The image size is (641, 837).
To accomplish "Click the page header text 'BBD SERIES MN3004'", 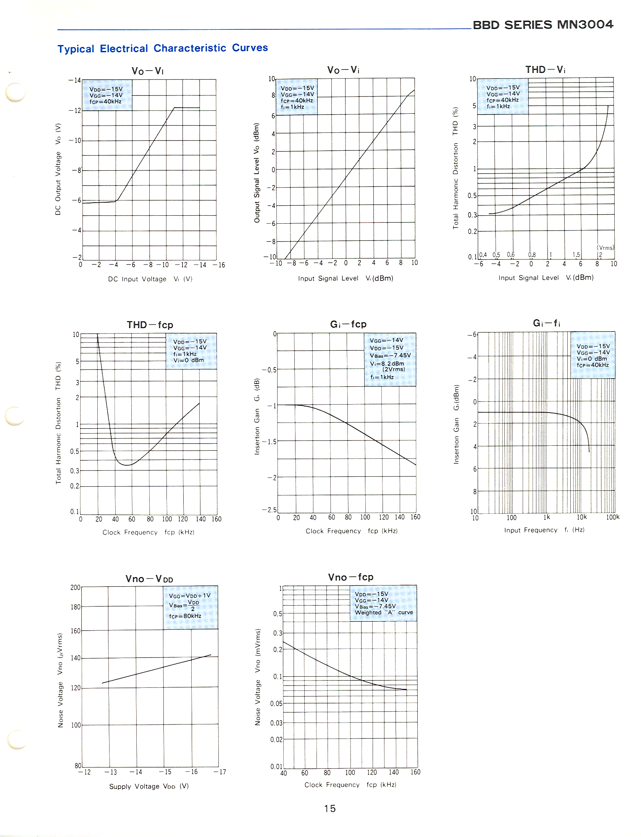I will tap(543, 25).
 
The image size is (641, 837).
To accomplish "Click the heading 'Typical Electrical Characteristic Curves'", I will tap(163, 48).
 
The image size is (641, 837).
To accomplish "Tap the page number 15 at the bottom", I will tap(329, 808).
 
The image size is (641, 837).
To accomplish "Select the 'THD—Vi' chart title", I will tap(545, 69).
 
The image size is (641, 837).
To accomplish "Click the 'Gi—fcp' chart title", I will tap(348, 324).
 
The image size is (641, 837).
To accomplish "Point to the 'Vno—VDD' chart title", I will tap(149, 579).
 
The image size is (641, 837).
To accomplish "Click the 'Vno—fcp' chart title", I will tap(350, 577).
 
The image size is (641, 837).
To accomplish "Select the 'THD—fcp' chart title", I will tap(150, 325).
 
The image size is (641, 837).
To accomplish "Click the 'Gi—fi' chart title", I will tap(546, 323).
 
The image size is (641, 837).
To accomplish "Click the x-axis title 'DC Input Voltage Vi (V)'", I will tap(150, 279).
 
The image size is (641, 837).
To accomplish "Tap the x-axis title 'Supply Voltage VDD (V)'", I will tap(149, 786).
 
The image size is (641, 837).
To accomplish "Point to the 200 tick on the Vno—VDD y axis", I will tap(75, 587).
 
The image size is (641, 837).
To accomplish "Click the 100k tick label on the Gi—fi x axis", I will tap(612, 517).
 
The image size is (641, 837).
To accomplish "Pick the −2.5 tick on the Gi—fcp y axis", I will tap(269, 510).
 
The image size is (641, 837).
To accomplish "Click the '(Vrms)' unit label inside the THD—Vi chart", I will tap(605, 248).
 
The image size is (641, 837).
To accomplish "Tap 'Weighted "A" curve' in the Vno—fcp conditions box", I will tap(384, 613).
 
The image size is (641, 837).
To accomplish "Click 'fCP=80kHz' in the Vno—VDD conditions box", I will tap(185, 616).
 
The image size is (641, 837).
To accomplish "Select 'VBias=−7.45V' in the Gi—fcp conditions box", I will tap(390, 355).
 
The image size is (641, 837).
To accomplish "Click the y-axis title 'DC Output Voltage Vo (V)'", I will tap(58, 169).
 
